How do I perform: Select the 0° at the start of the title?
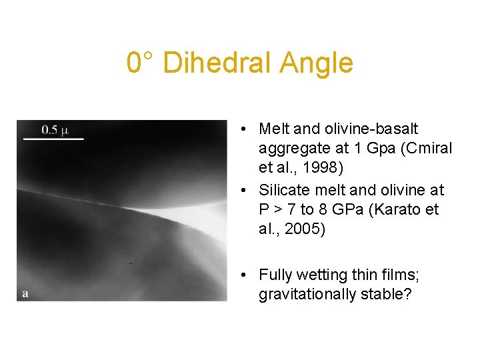141,63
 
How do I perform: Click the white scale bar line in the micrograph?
54,139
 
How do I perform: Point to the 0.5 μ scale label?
55,129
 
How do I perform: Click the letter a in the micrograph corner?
25,293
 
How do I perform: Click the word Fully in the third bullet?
274,275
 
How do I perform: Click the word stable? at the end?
387,295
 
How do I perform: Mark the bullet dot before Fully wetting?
246,275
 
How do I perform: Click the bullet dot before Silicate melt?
246,190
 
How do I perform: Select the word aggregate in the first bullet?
291,148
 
